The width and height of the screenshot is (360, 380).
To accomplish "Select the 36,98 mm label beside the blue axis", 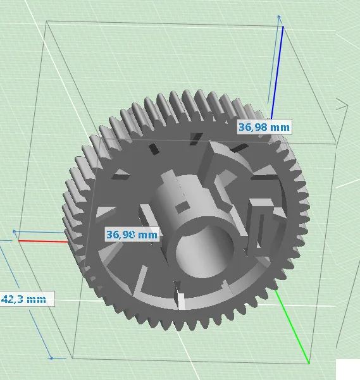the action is [x=264, y=126].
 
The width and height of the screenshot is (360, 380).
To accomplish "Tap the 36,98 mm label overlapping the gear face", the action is [x=132, y=235].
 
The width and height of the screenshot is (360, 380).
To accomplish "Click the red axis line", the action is [x=43, y=241].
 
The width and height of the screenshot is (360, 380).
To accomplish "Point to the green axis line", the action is [x=292, y=327].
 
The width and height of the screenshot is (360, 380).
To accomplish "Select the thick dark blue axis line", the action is [x=277, y=73].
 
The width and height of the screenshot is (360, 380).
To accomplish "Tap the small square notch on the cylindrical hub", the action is [x=182, y=207].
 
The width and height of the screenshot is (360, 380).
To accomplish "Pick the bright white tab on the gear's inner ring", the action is [x=181, y=301].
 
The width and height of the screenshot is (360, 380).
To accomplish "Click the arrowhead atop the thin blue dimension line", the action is [x=279, y=17].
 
